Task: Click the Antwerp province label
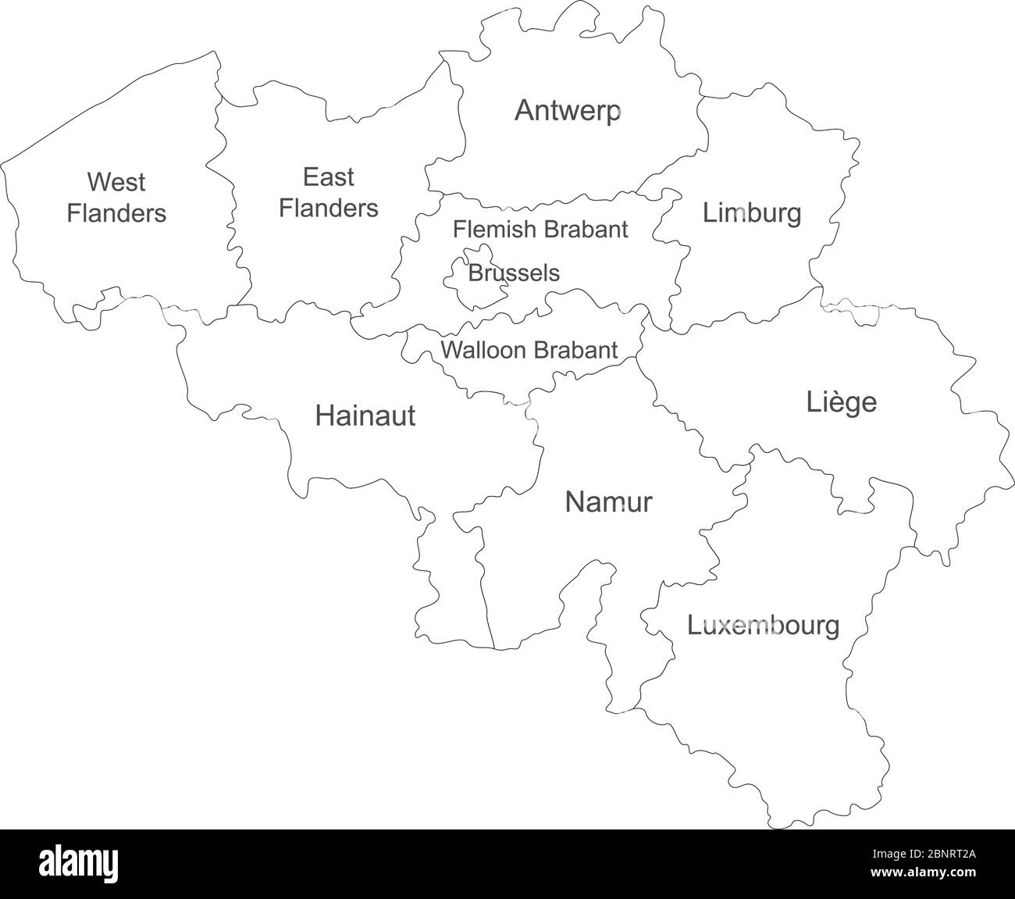click(568, 111)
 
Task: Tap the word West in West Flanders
click(116, 182)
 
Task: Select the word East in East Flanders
click(328, 177)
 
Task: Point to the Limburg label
click(751, 212)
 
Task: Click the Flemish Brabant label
click(540, 230)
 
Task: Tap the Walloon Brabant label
click(529, 350)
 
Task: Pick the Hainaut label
click(365, 416)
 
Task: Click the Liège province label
click(841, 403)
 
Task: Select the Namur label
click(607, 502)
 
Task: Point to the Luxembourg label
click(763, 626)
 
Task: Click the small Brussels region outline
click(458, 277)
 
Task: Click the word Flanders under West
click(116, 213)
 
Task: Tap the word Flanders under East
click(328, 209)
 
